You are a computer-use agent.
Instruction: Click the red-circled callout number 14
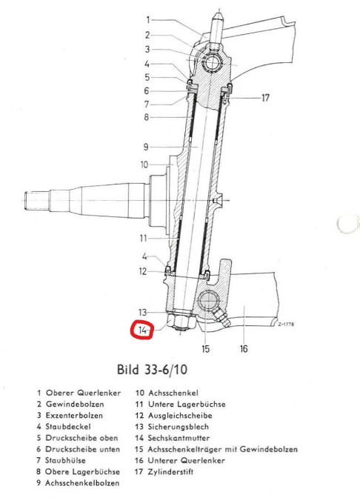click(x=142, y=330)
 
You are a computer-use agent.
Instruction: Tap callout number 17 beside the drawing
click(x=265, y=98)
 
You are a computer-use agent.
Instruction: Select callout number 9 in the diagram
click(x=146, y=147)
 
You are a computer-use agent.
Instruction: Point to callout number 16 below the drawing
click(x=244, y=348)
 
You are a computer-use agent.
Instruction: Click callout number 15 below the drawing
click(x=205, y=348)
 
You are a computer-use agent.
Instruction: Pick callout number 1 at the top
click(x=148, y=20)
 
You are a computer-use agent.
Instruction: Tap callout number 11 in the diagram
click(x=143, y=238)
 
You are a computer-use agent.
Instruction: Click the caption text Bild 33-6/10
click(x=152, y=370)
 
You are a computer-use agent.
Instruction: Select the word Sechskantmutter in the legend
click(x=179, y=438)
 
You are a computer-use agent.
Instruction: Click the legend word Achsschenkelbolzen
click(x=82, y=482)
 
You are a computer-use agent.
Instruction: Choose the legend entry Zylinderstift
click(x=170, y=471)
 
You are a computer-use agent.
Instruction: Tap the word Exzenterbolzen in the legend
click(x=74, y=415)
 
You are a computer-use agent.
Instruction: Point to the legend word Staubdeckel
click(x=68, y=427)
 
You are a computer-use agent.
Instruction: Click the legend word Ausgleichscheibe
click(x=180, y=415)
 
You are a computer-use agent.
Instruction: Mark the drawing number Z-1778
click(x=286, y=325)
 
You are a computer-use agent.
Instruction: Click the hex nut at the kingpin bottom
click(x=181, y=322)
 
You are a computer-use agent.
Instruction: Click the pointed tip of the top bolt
click(x=218, y=12)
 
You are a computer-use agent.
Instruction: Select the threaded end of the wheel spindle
click(x=36, y=200)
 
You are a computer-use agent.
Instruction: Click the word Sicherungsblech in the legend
click(x=178, y=427)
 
